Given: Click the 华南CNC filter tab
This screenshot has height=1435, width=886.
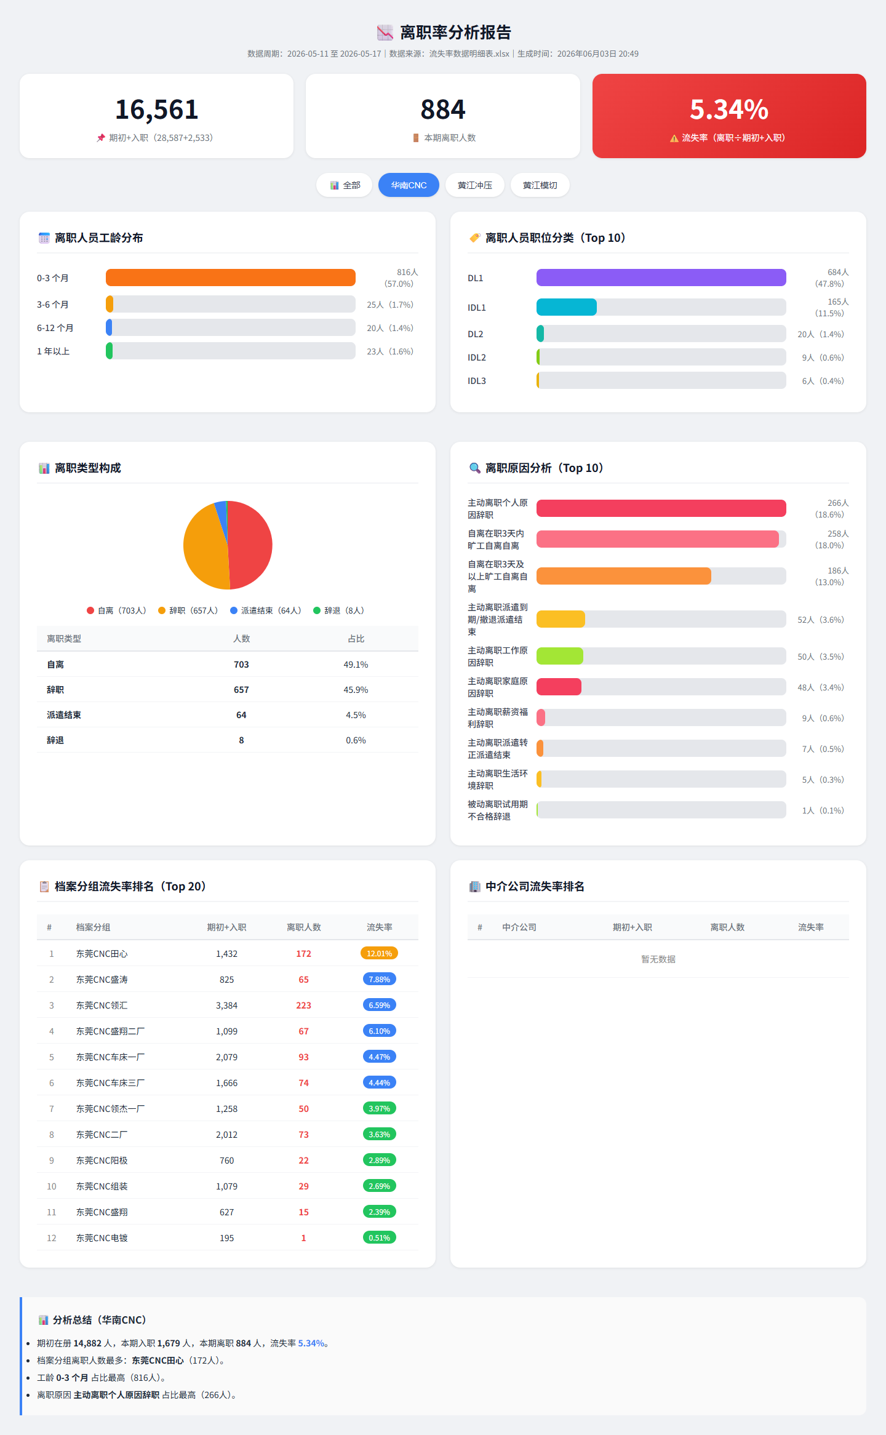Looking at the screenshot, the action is point(409,185).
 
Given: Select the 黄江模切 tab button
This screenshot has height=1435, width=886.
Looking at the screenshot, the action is point(540,185).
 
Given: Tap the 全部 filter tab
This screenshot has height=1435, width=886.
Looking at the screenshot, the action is point(345,185).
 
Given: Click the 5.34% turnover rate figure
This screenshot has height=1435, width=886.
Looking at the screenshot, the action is point(729,110).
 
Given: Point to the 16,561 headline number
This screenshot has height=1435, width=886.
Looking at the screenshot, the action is point(157,110).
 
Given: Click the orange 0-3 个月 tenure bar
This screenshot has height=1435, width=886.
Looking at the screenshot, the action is point(231,278).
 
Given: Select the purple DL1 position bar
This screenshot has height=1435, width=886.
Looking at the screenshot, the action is point(661,278).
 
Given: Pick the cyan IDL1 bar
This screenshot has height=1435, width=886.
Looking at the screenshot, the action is point(567,307).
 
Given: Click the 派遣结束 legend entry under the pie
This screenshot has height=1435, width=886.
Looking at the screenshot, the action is point(266,610).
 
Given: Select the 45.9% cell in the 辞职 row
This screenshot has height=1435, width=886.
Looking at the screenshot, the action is point(356,690).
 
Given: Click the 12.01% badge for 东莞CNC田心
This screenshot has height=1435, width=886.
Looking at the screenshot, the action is point(380,953).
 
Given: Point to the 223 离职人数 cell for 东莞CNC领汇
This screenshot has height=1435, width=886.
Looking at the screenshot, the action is point(303,1005).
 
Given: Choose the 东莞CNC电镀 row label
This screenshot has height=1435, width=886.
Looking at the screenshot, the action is point(102,1238).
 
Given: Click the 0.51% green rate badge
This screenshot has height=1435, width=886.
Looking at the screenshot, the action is point(380,1237).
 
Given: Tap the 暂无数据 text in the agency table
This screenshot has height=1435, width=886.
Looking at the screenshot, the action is point(658,959).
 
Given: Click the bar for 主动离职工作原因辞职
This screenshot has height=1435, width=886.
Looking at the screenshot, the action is point(560,656).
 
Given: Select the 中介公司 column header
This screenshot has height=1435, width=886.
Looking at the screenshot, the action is point(519,927).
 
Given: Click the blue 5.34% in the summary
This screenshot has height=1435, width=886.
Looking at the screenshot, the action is point(311,1343).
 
